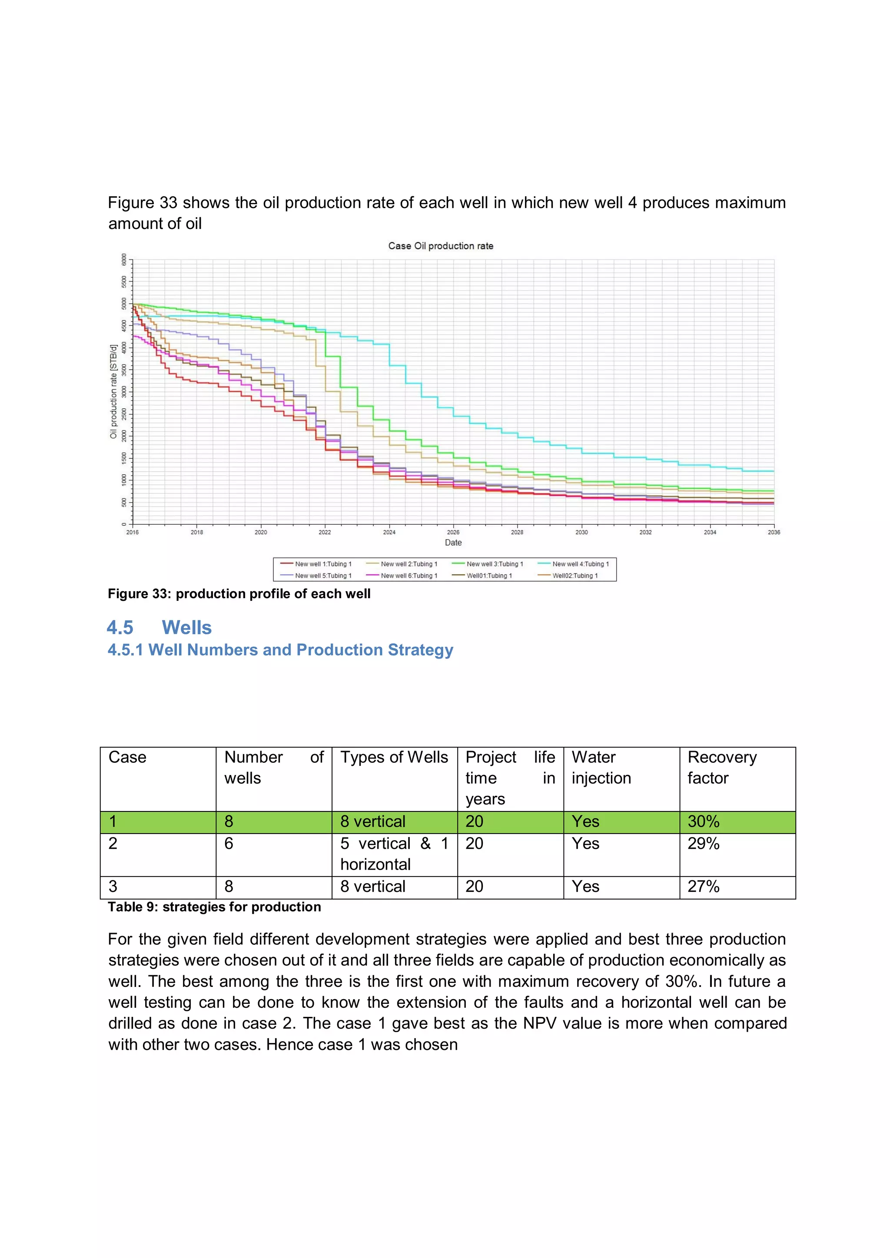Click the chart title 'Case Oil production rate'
pyautogui.click(x=441, y=246)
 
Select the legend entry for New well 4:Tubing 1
pyautogui.click(x=580, y=564)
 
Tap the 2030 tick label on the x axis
pyautogui.click(x=581, y=532)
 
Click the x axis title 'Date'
pyautogui.click(x=453, y=543)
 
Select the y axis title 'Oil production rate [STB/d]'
pyautogui.click(x=113, y=391)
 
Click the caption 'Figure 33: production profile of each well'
pyautogui.click(x=239, y=594)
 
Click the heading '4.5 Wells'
pyautogui.click(x=159, y=627)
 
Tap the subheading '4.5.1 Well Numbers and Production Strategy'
pyautogui.click(x=280, y=650)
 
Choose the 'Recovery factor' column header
pyautogui.click(x=722, y=767)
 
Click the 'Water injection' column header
pyautogui.click(x=601, y=767)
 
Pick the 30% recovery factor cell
pyautogui.click(x=704, y=821)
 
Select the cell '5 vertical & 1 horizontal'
pyautogui.click(x=394, y=854)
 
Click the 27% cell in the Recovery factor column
pyautogui.click(x=704, y=886)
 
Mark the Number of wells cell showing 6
pyautogui.click(x=229, y=843)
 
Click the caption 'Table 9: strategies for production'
pyautogui.click(x=214, y=907)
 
